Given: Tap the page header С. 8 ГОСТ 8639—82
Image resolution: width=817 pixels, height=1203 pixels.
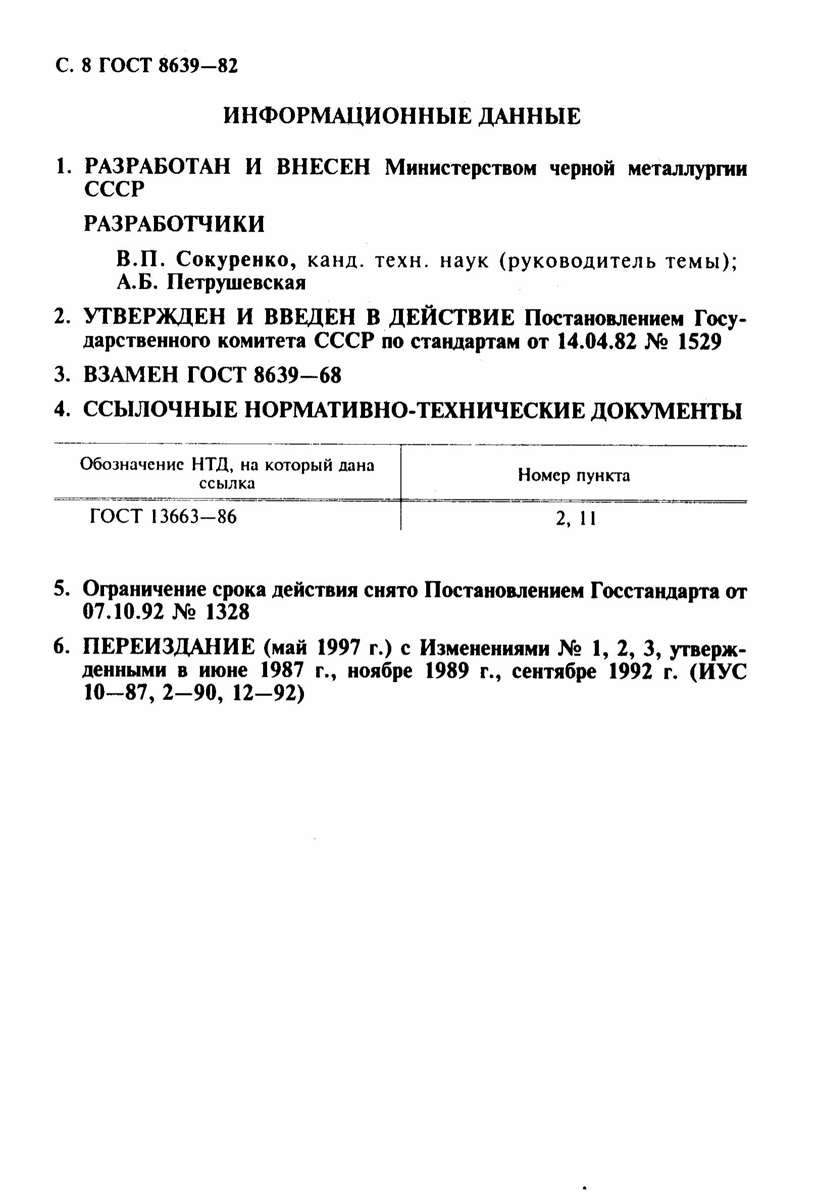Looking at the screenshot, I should coord(146,66).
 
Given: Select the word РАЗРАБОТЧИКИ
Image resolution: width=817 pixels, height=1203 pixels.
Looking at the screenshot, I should coord(174,224).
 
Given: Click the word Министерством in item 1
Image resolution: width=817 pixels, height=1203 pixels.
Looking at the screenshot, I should coord(461,168).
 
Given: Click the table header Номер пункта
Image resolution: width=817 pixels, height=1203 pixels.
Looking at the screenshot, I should coord(574,475).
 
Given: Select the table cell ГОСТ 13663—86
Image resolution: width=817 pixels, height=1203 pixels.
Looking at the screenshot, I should coord(164,516).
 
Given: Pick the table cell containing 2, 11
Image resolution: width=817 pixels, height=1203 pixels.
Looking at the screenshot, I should coord(575,518).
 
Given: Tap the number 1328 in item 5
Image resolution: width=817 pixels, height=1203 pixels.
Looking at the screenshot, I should coord(227,613).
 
